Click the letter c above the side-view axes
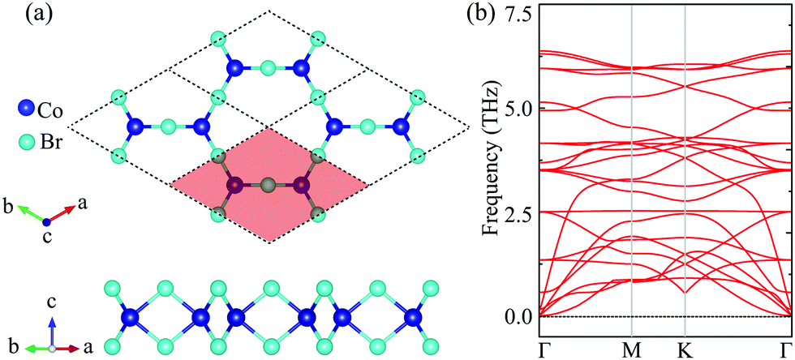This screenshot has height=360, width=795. [x=53, y=302]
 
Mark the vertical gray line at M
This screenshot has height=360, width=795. [x=632, y=162]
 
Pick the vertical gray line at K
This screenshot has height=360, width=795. [x=686, y=162]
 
